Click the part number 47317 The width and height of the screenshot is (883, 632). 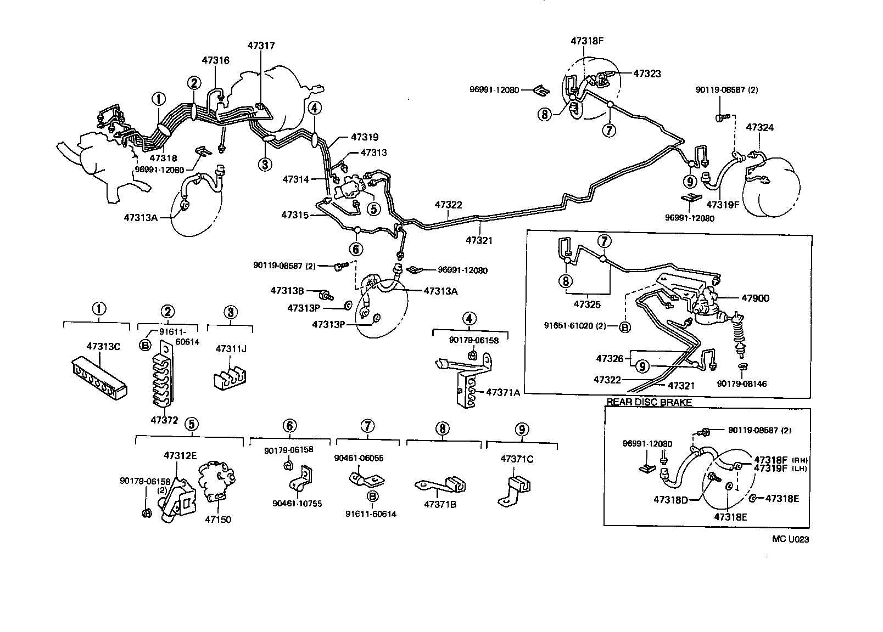pyautogui.click(x=261, y=46)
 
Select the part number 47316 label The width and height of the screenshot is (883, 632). pyautogui.click(x=215, y=60)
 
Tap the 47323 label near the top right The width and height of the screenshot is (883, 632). pyautogui.click(x=647, y=74)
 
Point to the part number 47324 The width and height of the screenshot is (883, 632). pyautogui.click(x=759, y=128)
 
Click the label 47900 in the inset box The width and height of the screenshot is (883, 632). pyautogui.click(x=755, y=298)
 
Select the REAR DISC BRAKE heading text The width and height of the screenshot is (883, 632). pyautogui.click(x=649, y=402)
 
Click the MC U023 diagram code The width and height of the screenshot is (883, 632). pyautogui.click(x=790, y=539)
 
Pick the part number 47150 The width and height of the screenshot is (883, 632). pyautogui.click(x=218, y=520)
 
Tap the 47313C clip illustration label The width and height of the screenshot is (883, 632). pyautogui.click(x=103, y=346)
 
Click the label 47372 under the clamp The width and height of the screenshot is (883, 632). pyautogui.click(x=165, y=420)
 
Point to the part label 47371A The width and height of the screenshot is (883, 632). pyautogui.click(x=502, y=392)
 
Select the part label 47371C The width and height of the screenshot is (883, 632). pyautogui.click(x=516, y=459)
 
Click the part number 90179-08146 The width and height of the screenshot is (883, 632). pyautogui.click(x=741, y=384)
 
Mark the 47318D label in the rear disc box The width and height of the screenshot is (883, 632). pyautogui.click(x=670, y=500)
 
